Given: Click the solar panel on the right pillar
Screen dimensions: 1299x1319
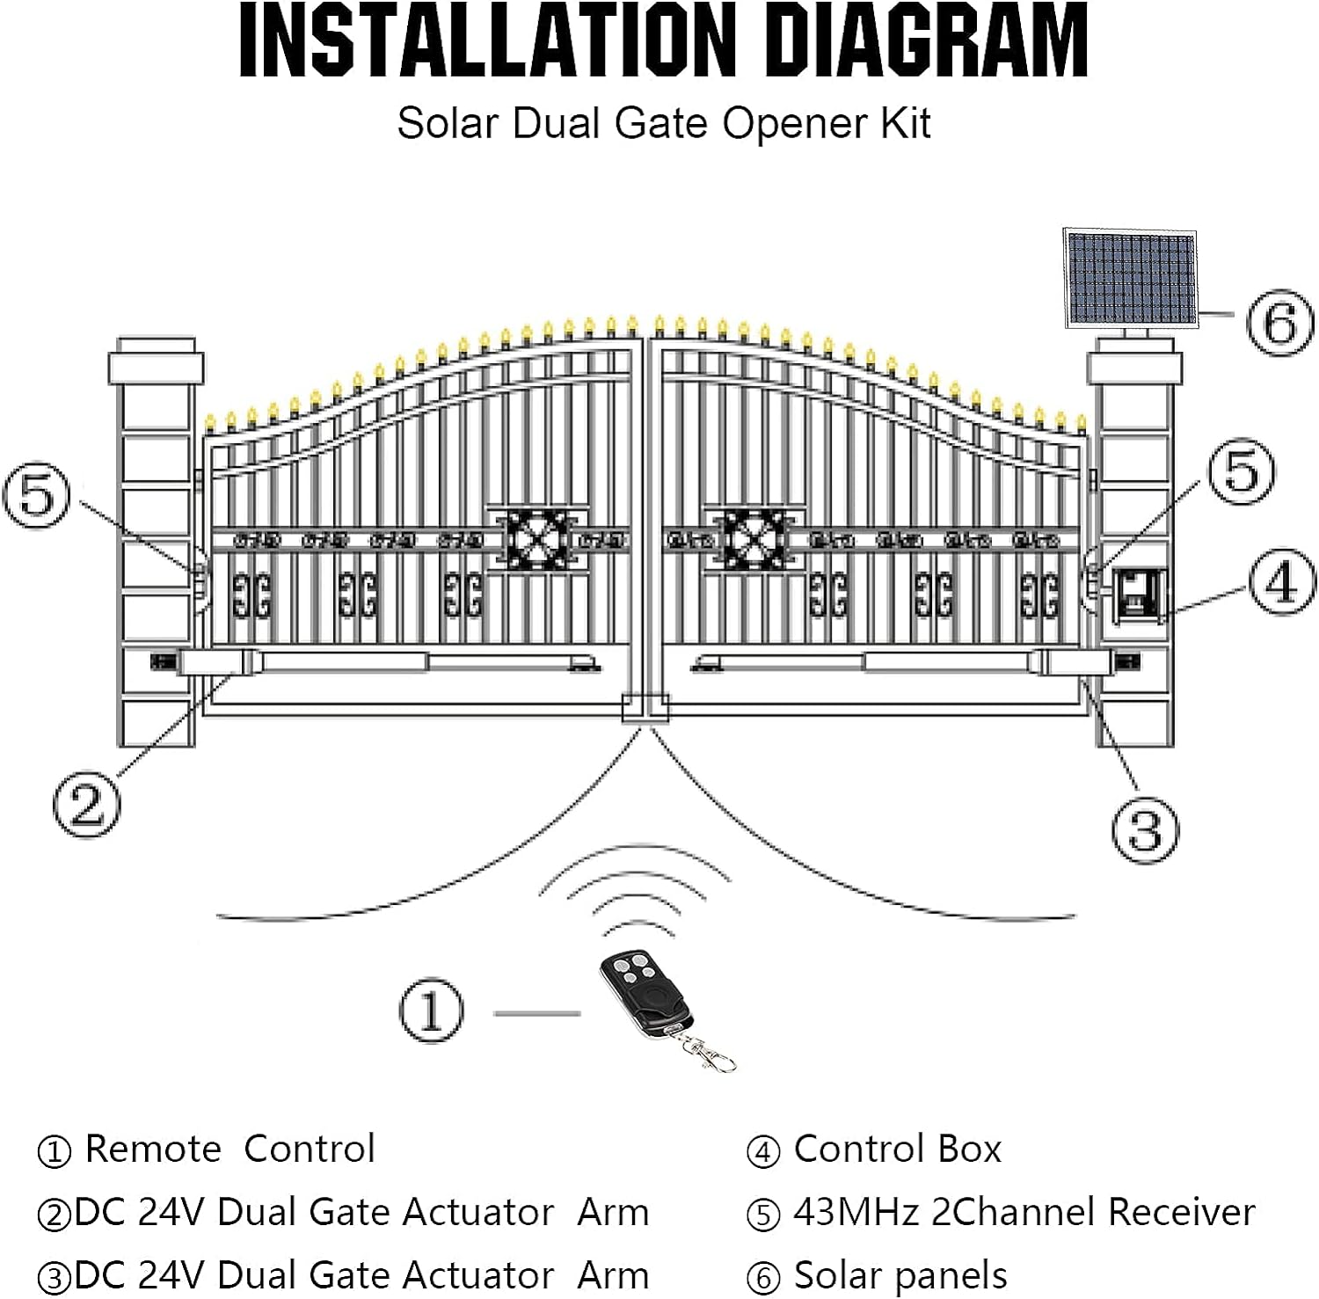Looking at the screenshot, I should tap(1131, 279).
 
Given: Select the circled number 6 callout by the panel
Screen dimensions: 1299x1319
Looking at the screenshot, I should tap(1280, 323).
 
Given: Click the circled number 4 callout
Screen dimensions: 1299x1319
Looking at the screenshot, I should tap(1282, 582).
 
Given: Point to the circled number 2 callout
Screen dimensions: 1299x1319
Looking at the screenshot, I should tap(86, 804).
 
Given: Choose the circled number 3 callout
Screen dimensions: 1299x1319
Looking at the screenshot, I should tap(1144, 829).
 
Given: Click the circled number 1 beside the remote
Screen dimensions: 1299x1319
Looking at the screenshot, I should tap(431, 1011).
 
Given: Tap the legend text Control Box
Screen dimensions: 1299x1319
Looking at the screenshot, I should tap(897, 1149).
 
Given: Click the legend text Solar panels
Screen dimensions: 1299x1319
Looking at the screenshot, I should tap(900, 1275).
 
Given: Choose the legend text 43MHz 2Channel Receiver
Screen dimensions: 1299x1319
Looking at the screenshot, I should tap(1024, 1212).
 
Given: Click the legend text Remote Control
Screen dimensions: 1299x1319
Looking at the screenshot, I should tap(230, 1149).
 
